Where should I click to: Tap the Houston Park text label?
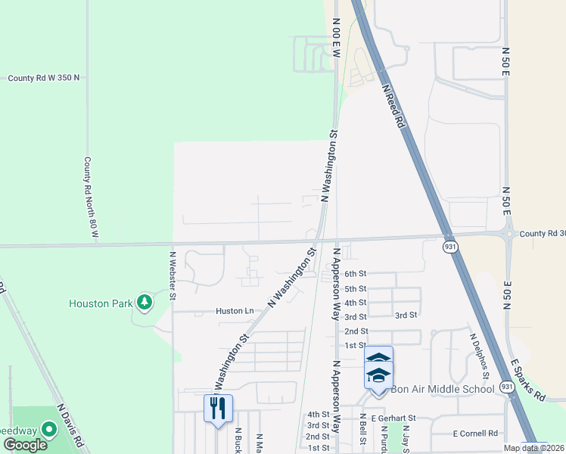(x=100, y=303)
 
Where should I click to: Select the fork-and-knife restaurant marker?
(x=218, y=408)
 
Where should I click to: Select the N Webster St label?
(x=173, y=276)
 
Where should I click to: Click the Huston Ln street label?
(x=234, y=311)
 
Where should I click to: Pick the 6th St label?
(x=355, y=274)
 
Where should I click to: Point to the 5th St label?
(x=355, y=288)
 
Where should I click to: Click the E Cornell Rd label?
(x=474, y=434)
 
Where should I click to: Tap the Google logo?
(x=24, y=445)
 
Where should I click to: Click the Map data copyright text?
(x=534, y=448)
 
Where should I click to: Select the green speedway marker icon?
(x=49, y=430)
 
